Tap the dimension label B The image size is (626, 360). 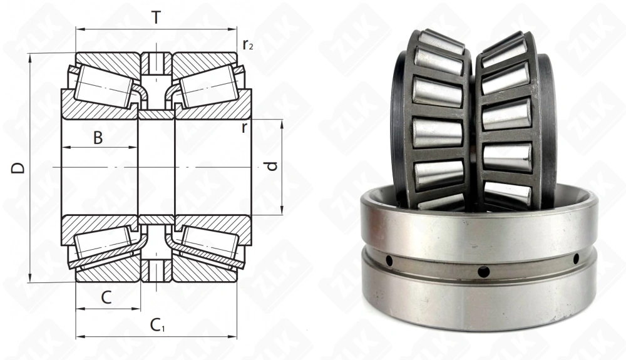[x=98, y=138]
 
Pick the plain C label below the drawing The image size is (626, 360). [x=106, y=298]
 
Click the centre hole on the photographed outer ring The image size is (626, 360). [x=483, y=271]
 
